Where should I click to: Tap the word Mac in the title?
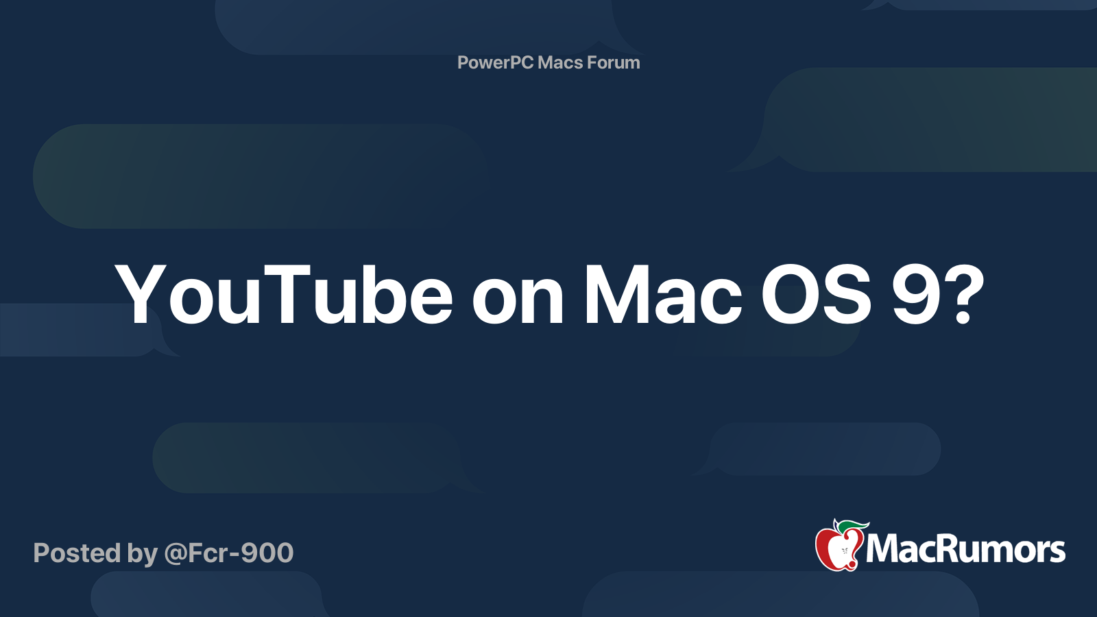click(x=662, y=295)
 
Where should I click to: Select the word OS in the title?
click(x=816, y=295)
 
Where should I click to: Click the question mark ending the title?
click(x=965, y=295)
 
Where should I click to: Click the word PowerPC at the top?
click(x=495, y=62)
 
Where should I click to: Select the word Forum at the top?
click(x=614, y=62)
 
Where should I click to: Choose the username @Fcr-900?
click(x=229, y=553)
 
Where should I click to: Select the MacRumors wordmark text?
click(x=965, y=549)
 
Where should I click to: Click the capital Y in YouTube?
click(x=141, y=295)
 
